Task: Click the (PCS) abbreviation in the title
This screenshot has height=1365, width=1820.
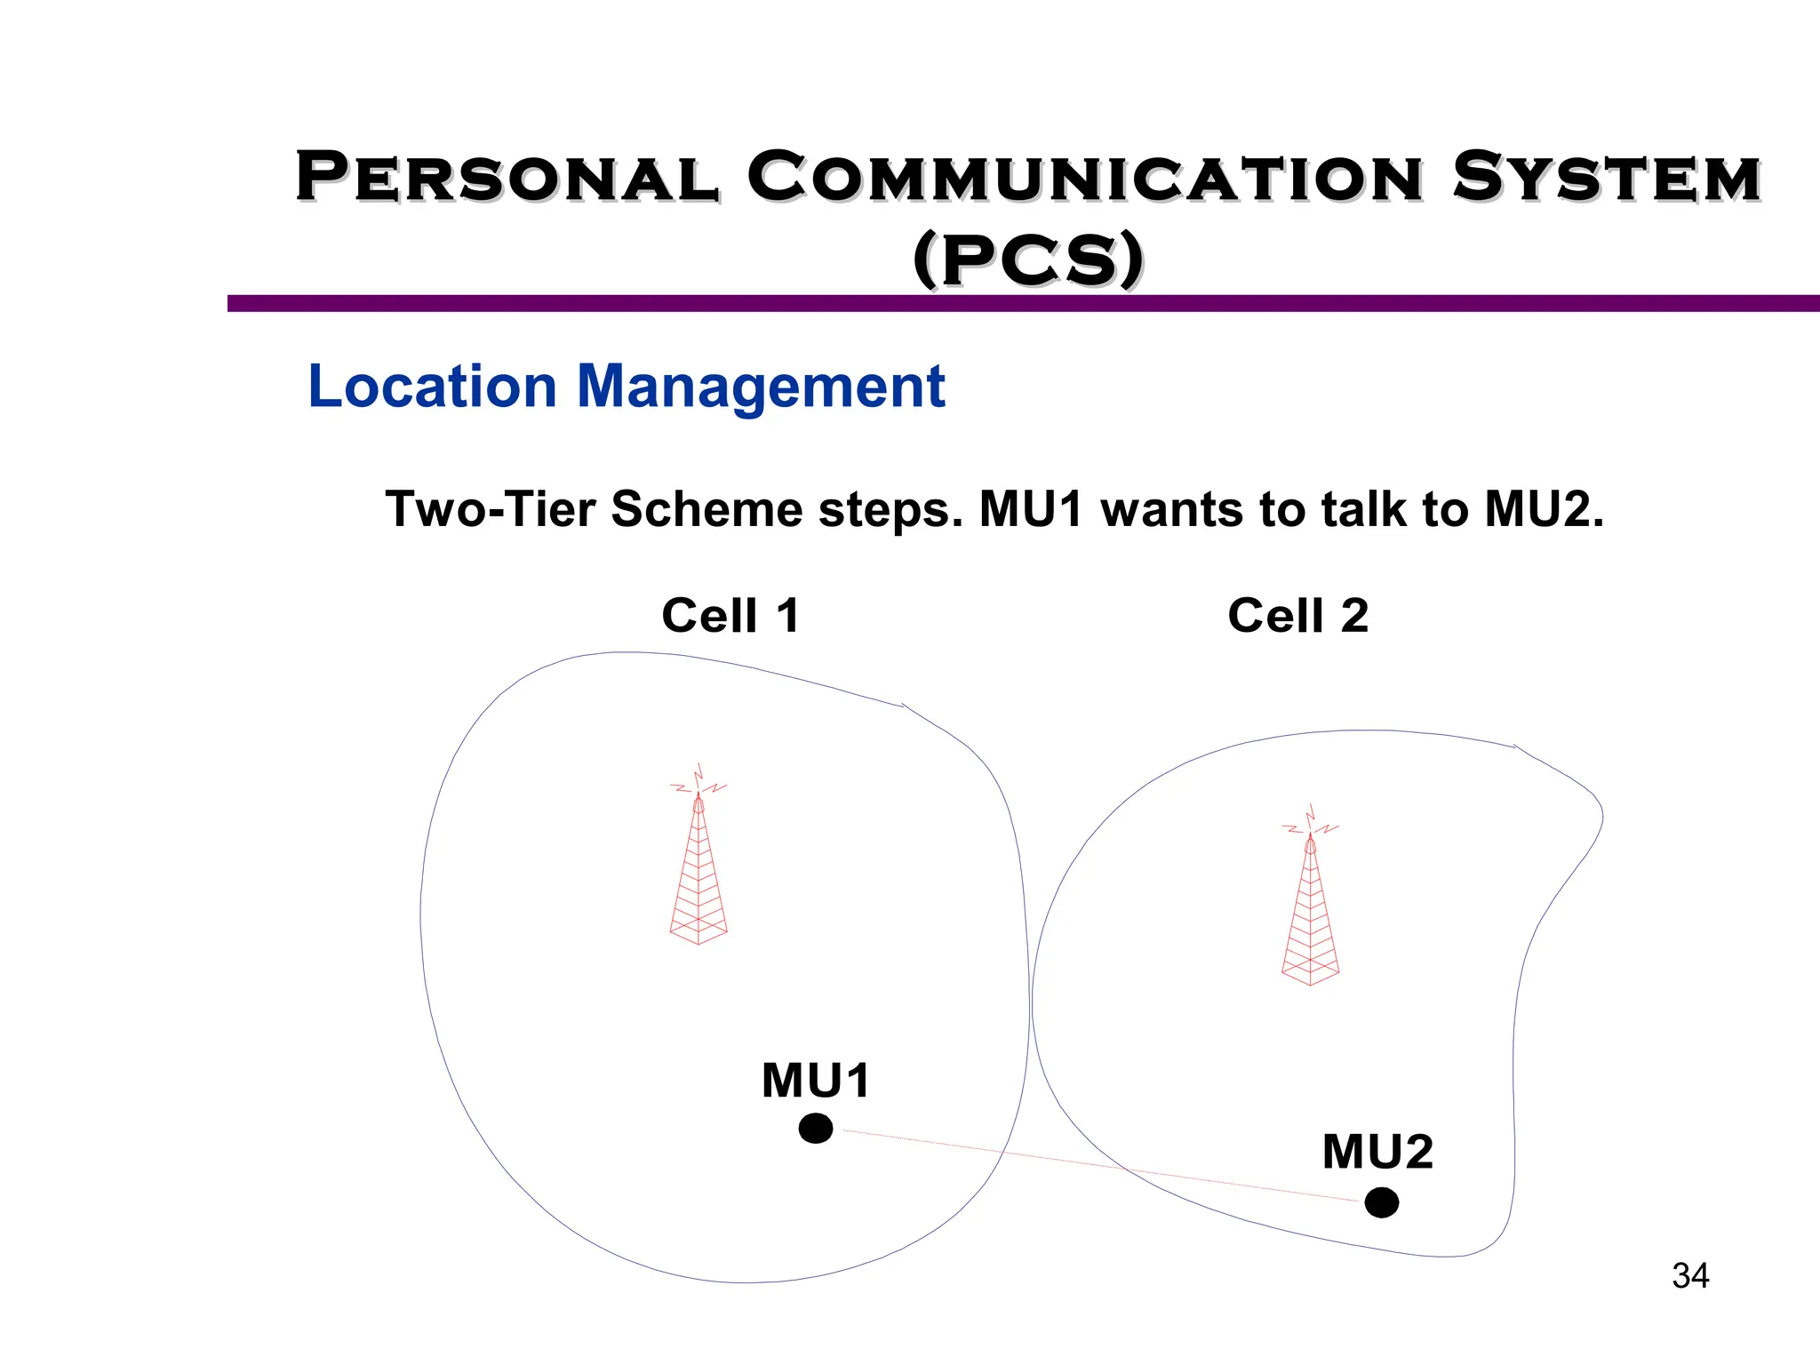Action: [x=1028, y=259]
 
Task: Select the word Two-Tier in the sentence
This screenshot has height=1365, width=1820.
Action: [x=490, y=509]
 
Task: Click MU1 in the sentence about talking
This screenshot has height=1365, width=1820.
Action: [x=1031, y=509]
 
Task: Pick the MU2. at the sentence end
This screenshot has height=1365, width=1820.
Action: [x=1545, y=509]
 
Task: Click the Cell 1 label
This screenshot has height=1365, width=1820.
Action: [x=730, y=615]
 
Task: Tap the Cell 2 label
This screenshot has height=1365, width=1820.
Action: [x=1297, y=615]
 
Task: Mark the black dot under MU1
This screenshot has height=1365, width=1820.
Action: [x=816, y=1129]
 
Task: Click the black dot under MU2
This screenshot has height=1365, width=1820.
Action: [x=1381, y=1202]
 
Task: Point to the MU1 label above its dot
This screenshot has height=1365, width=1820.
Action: [x=816, y=1081]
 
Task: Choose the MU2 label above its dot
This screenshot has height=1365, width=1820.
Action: [x=1377, y=1152]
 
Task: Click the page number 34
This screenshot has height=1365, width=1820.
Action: [x=1689, y=1276]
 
